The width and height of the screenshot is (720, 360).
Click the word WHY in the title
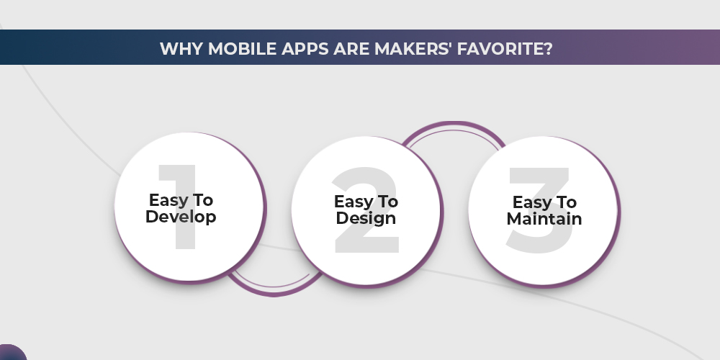177,48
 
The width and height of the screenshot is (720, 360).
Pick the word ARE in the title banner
341,48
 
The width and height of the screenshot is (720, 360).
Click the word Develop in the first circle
181,217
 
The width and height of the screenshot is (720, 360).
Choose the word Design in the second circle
366,218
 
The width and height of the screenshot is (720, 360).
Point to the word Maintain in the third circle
544,218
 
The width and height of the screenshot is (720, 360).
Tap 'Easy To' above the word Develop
181,200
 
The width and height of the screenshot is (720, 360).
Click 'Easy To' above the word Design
366,202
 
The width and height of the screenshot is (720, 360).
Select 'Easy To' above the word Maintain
544,202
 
